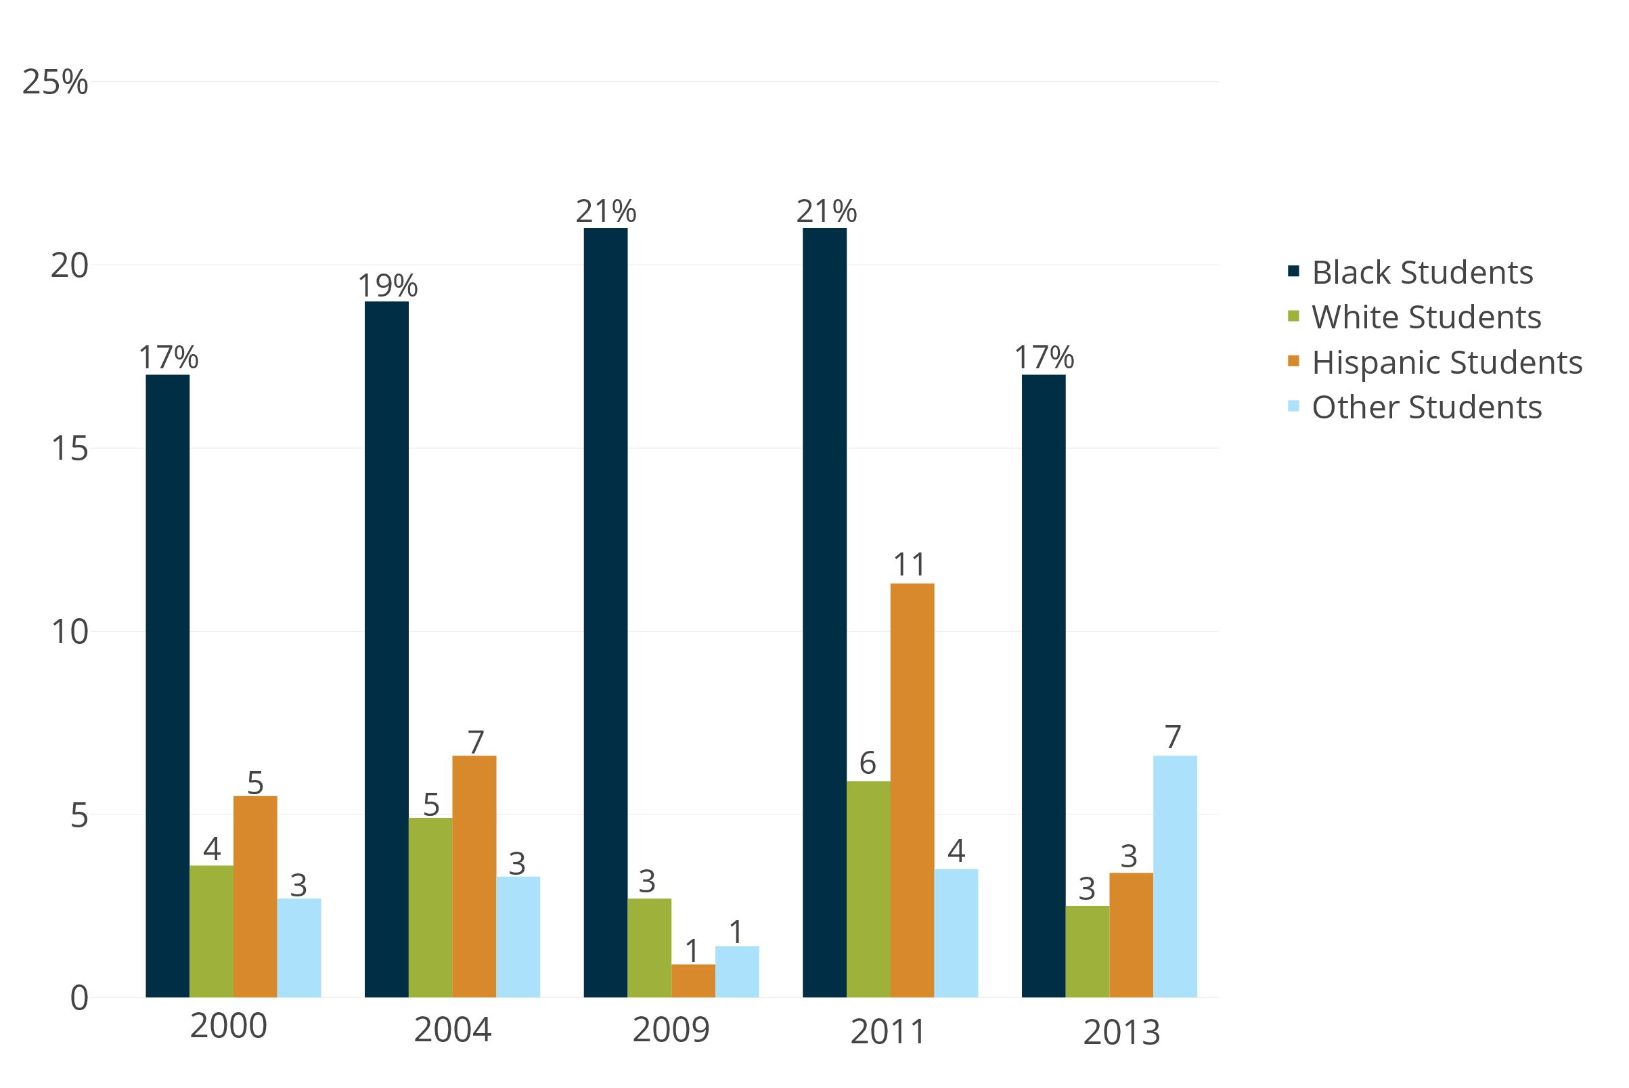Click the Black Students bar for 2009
(606, 613)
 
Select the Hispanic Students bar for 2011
(912, 790)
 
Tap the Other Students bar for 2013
(1175, 876)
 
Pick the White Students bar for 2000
(212, 931)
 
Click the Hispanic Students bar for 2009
(693, 980)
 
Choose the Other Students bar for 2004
(518, 937)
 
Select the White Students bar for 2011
(868, 889)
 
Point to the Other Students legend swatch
(1293, 406)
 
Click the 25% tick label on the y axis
(55, 83)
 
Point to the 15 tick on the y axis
(70, 449)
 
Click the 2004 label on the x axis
(452, 1030)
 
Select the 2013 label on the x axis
(1121, 1032)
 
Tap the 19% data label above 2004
(388, 285)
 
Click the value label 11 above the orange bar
(909, 565)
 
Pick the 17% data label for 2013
(1044, 358)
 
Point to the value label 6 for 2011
(868, 763)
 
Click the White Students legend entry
(1426, 317)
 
